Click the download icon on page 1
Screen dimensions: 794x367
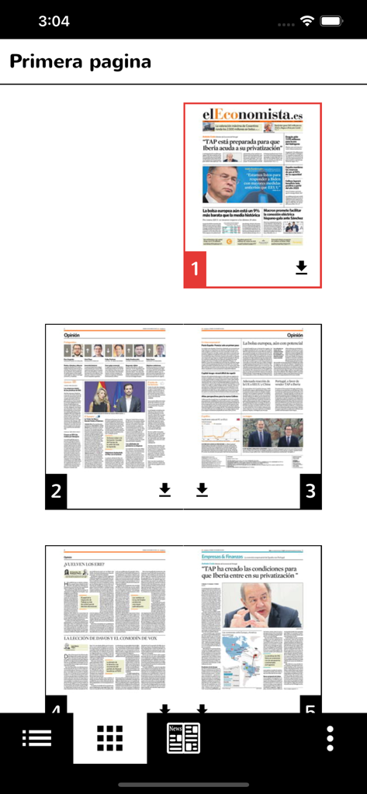(x=302, y=268)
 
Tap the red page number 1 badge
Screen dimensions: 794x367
(x=195, y=269)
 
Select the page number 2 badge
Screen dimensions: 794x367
(x=56, y=490)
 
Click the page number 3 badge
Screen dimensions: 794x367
(x=310, y=490)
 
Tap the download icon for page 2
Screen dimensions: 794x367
(x=164, y=489)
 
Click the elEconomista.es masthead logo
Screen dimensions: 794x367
(x=253, y=115)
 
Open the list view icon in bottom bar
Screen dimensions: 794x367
(x=36, y=738)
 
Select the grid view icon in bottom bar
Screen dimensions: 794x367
(x=109, y=738)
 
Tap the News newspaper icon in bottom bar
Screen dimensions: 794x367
(x=183, y=738)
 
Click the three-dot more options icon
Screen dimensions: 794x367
(x=331, y=738)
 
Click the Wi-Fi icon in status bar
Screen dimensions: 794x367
(x=307, y=21)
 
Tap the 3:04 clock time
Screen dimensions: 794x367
(x=54, y=21)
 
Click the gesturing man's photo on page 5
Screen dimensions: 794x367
(x=261, y=605)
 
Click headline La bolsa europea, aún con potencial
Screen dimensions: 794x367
(x=281, y=341)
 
